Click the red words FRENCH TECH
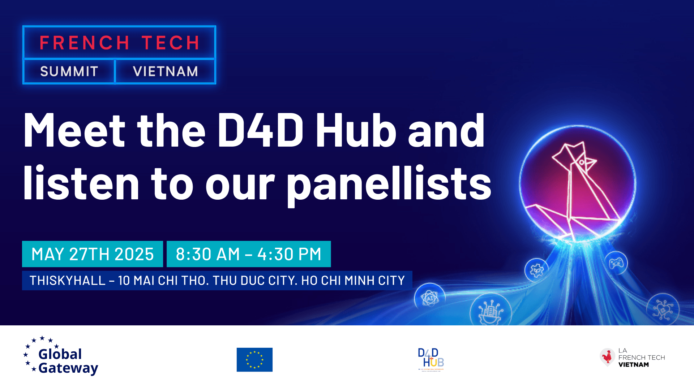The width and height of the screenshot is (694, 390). pyautogui.click(x=119, y=43)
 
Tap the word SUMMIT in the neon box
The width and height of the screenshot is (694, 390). pyautogui.click(x=69, y=71)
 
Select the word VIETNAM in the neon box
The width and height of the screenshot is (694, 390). pyautogui.click(x=166, y=71)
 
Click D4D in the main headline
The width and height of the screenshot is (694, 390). pyautogui.click(x=260, y=131)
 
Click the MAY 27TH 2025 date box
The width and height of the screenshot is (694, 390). pyautogui.click(x=93, y=254)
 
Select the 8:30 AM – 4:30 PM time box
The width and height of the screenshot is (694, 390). pyautogui.click(x=249, y=254)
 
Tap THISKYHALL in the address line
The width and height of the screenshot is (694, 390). pyautogui.click(x=68, y=281)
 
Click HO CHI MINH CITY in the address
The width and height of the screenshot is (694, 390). pyautogui.click(x=353, y=281)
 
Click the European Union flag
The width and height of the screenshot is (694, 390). pyautogui.click(x=254, y=360)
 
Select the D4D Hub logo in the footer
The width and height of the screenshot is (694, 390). pyautogui.click(x=430, y=359)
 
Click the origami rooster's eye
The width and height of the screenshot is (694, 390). pyautogui.click(x=582, y=162)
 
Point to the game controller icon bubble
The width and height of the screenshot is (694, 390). pyautogui.click(x=616, y=263)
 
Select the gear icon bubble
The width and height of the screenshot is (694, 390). pyautogui.click(x=536, y=270)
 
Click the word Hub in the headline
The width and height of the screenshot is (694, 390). pyautogui.click(x=356, y=131)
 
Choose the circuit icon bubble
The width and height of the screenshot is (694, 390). pyautogui.click(x=663, y=309)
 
